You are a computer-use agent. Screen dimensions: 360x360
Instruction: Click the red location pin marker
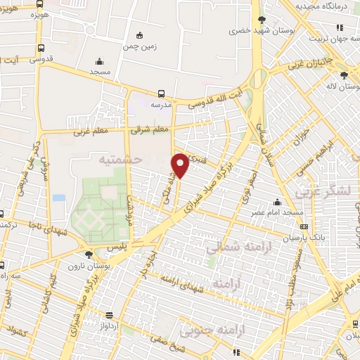pos(181,164)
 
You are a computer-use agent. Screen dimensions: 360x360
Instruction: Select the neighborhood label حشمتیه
pos(121,160)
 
